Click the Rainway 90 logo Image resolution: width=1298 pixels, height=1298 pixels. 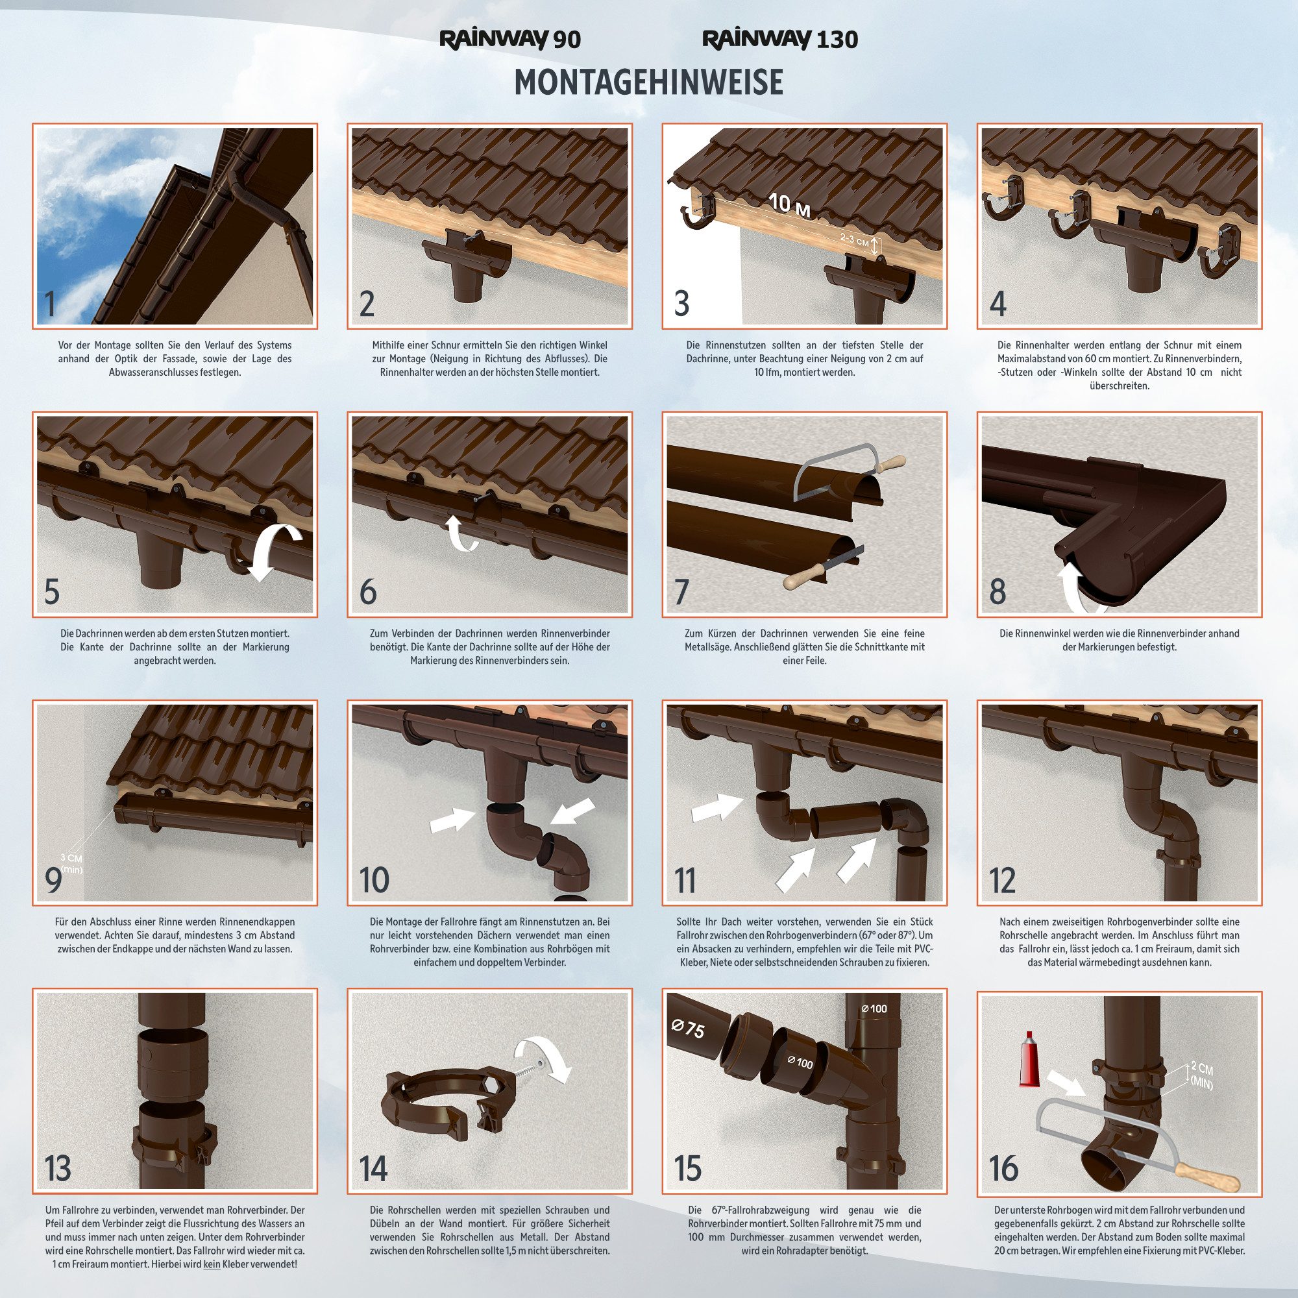510,40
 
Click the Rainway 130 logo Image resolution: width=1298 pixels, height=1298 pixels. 780,40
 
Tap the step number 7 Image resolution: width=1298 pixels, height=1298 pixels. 681,592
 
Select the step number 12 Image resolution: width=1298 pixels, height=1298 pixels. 1003,881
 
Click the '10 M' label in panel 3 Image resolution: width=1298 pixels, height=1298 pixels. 789,204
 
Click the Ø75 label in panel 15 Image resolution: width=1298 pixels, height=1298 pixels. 687,1029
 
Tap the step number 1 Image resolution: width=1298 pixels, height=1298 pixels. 49,304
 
